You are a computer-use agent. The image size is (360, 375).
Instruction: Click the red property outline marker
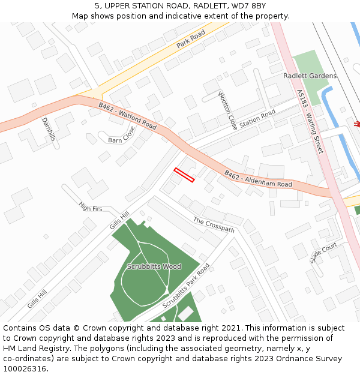[184, 175]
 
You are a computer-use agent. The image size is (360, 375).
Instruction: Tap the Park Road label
[191, 39]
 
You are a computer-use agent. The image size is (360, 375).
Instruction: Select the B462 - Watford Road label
[127, 116]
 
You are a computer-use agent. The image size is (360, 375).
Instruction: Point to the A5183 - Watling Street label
[310, 121]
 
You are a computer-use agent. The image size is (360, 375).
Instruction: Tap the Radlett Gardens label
[310, 76]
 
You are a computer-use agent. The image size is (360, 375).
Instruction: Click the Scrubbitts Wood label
[154, 266]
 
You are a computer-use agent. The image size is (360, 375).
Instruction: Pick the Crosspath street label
[214, 225]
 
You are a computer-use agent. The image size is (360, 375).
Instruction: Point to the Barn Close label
[122, 135]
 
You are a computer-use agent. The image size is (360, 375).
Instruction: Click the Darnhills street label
[49, 128]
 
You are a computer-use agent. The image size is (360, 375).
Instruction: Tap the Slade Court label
[324, 254]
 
